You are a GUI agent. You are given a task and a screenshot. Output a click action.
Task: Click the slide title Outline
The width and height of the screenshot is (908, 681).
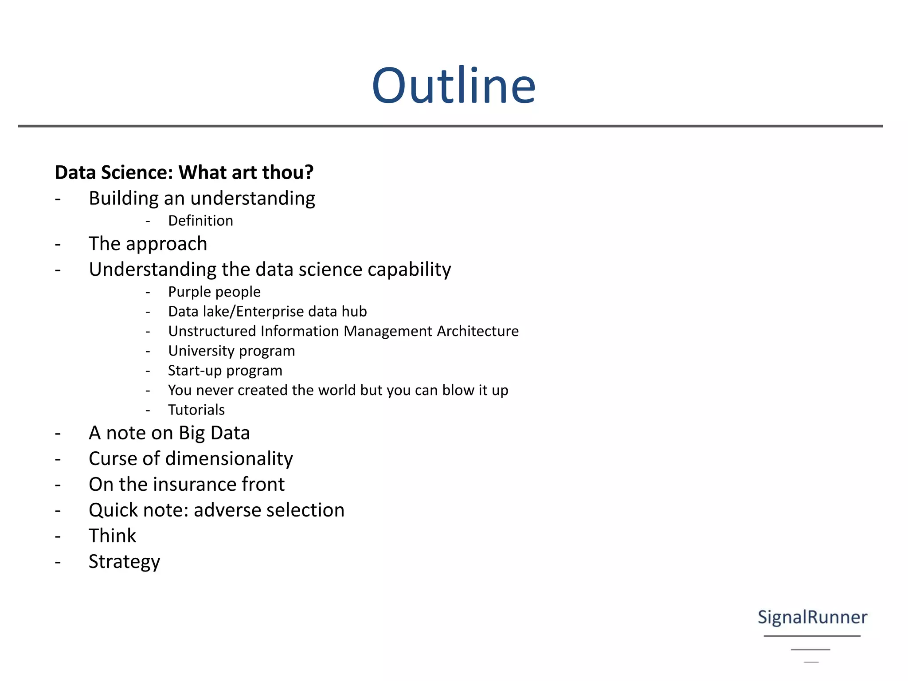(454, 86)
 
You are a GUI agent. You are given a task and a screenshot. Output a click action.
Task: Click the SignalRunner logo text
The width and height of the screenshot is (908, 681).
(812, 617)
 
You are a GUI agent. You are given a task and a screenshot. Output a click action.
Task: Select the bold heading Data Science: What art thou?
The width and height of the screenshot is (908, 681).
(184, 172)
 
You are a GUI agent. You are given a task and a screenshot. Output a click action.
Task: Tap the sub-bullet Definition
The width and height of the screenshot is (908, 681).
(200, 221)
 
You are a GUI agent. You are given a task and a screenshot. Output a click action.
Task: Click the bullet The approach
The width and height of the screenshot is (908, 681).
(148, 244)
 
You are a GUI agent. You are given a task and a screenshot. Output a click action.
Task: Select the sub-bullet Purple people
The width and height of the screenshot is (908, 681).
(214, 292)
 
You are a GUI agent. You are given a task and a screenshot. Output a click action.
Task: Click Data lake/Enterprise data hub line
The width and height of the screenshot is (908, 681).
(267, 312)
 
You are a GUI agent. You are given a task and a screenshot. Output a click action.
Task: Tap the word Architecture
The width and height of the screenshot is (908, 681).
(477, 331)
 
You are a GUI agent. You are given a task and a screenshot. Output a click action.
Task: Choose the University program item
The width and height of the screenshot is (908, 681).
(231, 351)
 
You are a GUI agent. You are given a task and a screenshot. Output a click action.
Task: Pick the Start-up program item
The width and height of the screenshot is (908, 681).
(225, 371)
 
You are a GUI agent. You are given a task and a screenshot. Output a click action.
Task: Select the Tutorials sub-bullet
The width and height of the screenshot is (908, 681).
(196, 410)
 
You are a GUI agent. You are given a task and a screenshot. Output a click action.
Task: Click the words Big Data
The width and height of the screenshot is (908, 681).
(214, 433)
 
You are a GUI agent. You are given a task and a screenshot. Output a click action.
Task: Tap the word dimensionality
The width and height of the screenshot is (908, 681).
(229, 459)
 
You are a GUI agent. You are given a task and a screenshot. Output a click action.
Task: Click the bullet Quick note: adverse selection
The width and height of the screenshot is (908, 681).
(216, 510)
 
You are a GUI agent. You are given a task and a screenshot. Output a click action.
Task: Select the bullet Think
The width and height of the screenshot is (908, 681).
(112, 536)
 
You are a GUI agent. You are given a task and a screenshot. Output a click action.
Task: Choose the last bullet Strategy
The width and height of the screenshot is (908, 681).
(124, 562)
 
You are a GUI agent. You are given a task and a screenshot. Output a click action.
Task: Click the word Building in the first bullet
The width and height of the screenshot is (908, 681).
(123, 199)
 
